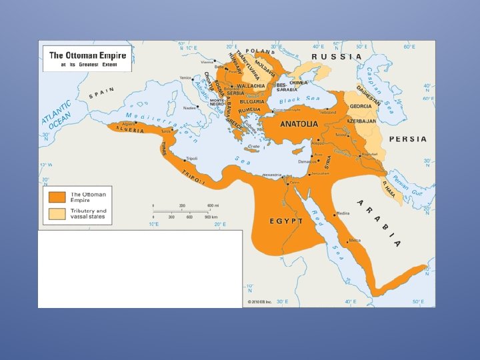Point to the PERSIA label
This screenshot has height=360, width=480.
click(x=407, y=139)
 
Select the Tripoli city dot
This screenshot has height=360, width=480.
click(x=185, y=161)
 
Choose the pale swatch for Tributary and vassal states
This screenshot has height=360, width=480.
click(x=57, y=214)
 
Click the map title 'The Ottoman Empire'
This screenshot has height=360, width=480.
click(x=87, y=55)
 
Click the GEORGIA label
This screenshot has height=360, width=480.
click(x=361, y=107)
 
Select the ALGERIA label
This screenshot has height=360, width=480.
click(x=131, y=130)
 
